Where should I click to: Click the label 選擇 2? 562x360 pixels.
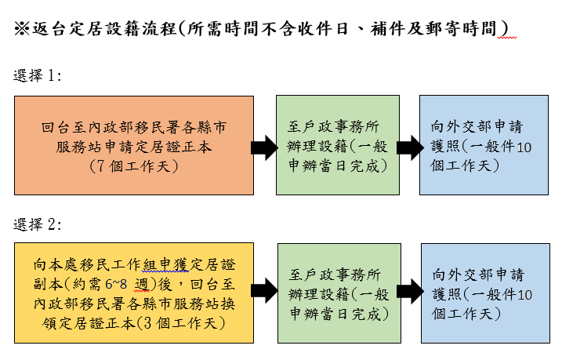coord(38,224)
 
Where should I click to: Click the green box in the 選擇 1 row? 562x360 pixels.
coord(336,145)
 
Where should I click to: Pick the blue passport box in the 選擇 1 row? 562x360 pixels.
coord(483,145)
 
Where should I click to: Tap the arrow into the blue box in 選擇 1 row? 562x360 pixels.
coord(408,146)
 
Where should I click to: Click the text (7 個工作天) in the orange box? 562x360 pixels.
coord(134,165)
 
